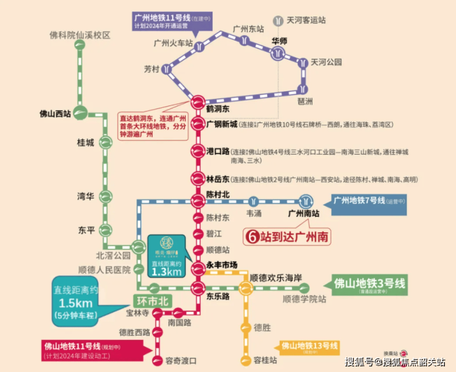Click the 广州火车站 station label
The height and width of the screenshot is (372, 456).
173,44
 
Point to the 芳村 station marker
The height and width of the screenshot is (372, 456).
168,71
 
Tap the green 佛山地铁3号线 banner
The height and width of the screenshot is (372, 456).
370,284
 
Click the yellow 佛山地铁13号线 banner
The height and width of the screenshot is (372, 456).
309,346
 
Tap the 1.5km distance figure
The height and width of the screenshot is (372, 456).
76,304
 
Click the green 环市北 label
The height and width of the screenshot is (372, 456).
152,302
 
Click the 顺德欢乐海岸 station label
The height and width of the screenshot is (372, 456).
275,278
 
